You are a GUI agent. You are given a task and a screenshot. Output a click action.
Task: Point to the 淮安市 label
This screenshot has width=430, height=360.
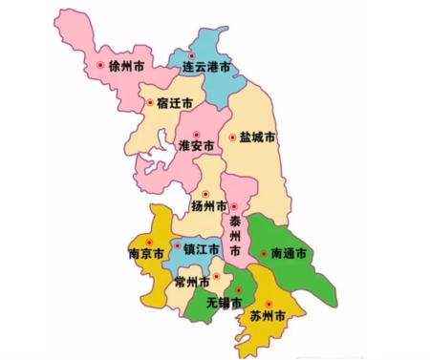pyautogui.click(x=197, y=146)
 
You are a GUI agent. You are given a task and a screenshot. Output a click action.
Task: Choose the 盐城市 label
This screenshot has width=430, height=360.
pyautogui.click(x=257, y=138)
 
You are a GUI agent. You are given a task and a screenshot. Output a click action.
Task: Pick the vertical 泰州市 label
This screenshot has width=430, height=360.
pyautogui.click(x=234, y=234)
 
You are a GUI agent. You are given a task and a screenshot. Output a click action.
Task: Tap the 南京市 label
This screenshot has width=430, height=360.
pyautogui.click(x=145, y=254)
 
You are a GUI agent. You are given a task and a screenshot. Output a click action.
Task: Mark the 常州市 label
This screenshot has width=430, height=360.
pyautogui.click(x=192, y=282)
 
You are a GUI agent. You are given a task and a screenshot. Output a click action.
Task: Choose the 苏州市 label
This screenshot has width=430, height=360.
pyautogui.click(x=268, y=314)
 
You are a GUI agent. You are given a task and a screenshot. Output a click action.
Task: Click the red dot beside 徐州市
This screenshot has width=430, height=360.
pyautogui.click(x=100, y=65)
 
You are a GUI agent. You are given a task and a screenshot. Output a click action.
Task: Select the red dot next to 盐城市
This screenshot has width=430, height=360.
pyautogui.click(x=231, y=138)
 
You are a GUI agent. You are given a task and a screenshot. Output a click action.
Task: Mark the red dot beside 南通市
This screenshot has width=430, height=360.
pyautogui.click(x=263, y=254)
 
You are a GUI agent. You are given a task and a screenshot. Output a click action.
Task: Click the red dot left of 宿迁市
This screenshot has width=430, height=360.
pyautogui.click(x=148, y=101)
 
